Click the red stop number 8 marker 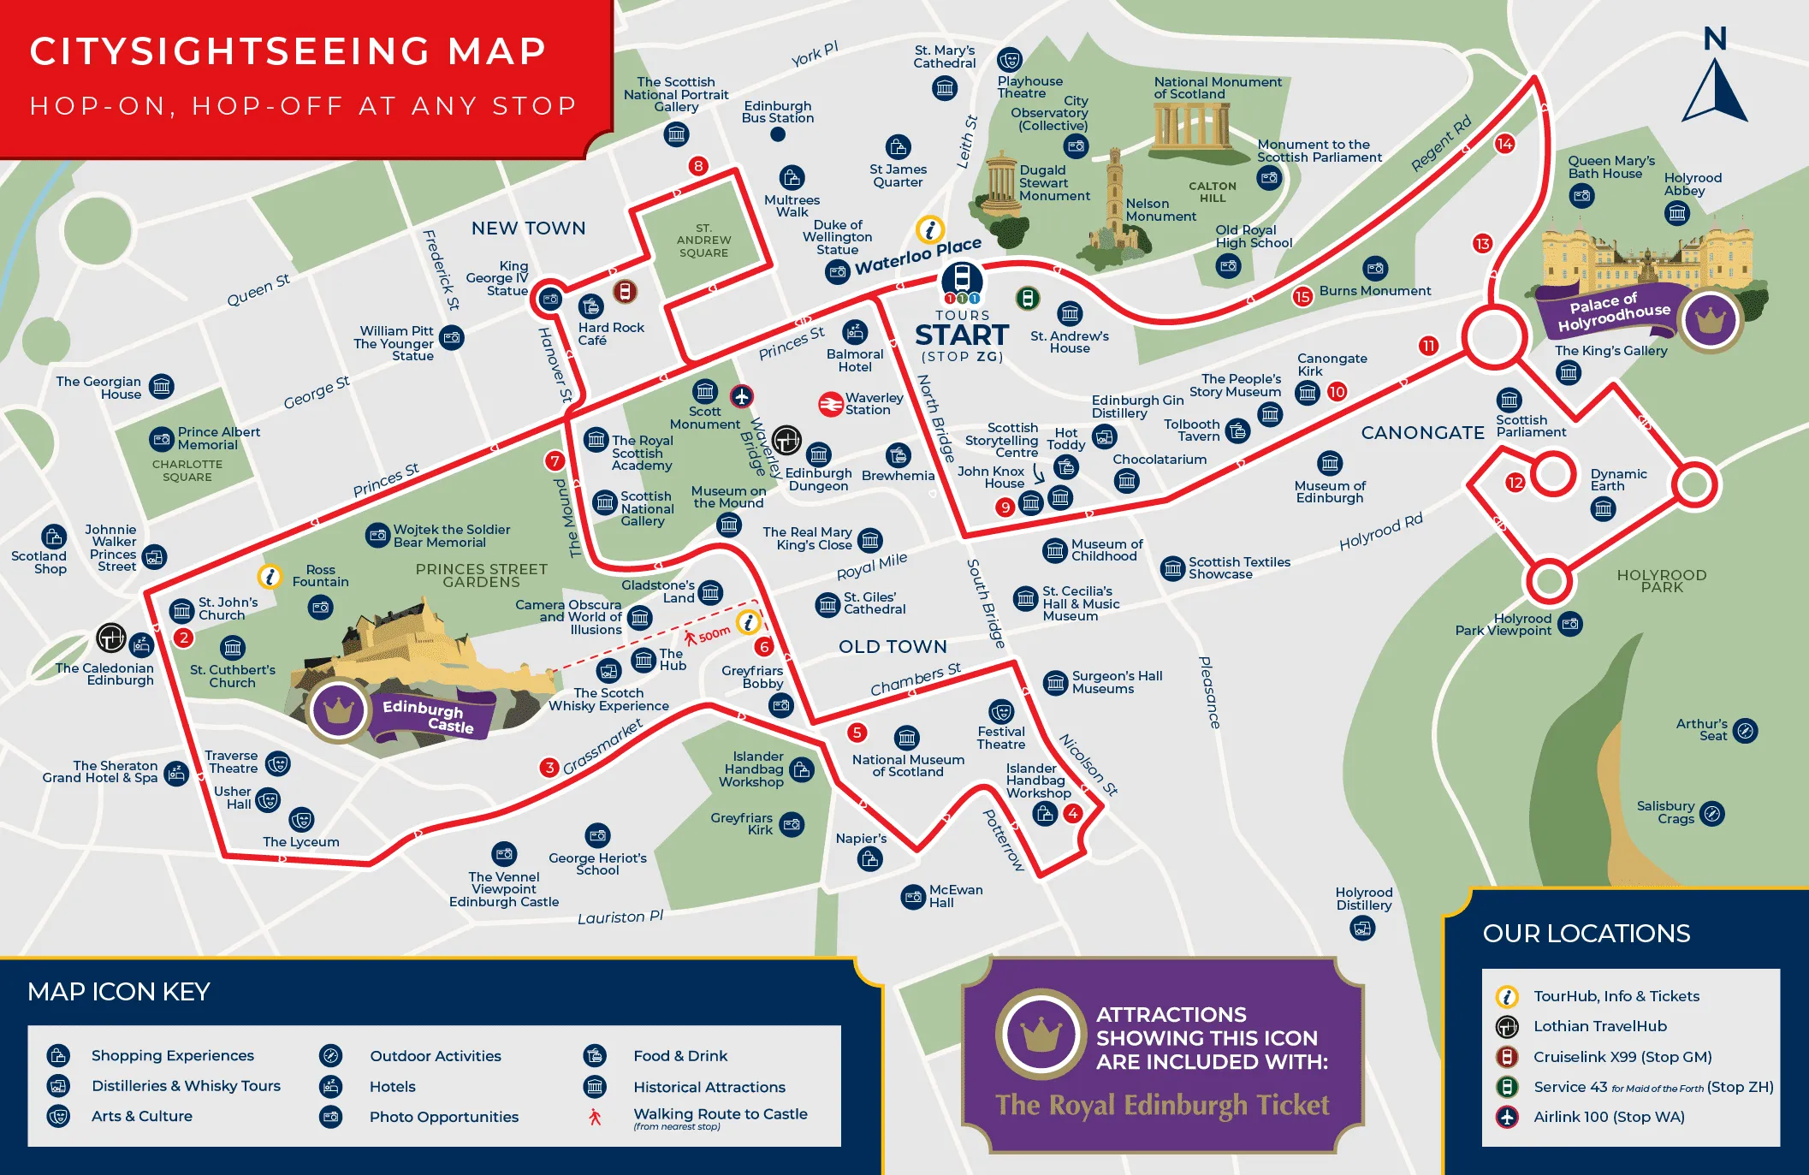(698, 166)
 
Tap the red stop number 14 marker (1504, 144)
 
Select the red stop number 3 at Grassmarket (549, 768)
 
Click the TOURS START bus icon (962, 279)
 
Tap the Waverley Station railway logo (830, 404)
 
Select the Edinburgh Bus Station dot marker (778, 134)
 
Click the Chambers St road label (915, 679)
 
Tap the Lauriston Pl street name (620, 917)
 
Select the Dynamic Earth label (1617, 480)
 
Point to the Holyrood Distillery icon (1362, 927)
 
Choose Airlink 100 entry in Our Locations (1608, 1117)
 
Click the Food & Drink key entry (679, 1056)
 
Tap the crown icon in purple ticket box (1041, 1034)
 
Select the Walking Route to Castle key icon (595, 1117)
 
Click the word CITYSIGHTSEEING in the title (229, 51)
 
